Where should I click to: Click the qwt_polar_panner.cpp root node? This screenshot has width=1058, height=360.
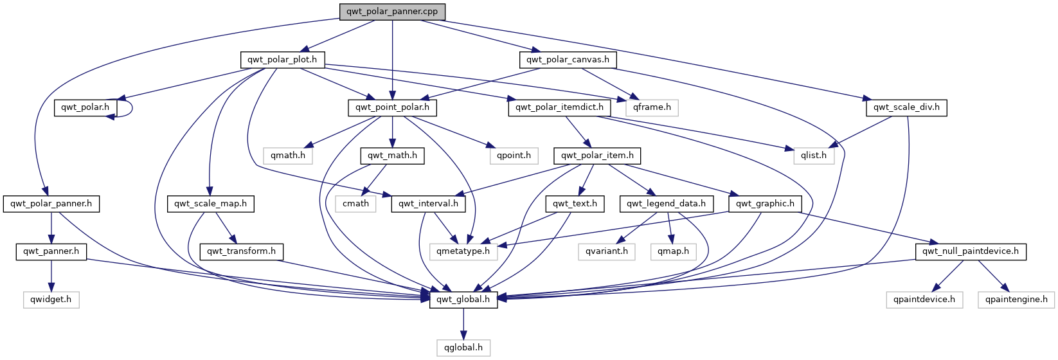pos(392,12)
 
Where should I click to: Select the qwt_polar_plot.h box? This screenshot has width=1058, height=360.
pos(282,60)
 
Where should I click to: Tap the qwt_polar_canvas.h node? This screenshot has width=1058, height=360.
pos(568,60)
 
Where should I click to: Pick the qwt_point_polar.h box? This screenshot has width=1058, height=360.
pos(392,107)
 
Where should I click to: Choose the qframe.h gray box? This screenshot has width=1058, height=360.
pos(652,107)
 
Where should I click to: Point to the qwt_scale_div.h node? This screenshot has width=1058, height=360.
pos(906,107)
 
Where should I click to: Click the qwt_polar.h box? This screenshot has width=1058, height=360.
pos(85,107)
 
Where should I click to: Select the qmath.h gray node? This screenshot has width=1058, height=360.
pos(288,155)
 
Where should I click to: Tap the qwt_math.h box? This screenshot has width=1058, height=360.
pos(392,155)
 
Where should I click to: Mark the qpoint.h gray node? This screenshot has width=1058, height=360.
pos(514,155)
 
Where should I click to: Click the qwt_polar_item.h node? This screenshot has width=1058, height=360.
pos(597,155)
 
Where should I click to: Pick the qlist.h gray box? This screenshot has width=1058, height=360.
pos(813,155)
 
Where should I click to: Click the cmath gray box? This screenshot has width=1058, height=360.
pos(355,204)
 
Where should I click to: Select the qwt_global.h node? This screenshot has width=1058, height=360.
pos(463,299)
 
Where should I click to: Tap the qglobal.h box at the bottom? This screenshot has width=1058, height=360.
pos(463,348)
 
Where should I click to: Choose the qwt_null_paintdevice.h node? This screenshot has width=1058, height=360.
pos(971,251)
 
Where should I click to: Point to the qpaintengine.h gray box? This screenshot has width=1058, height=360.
pos(1016,299)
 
